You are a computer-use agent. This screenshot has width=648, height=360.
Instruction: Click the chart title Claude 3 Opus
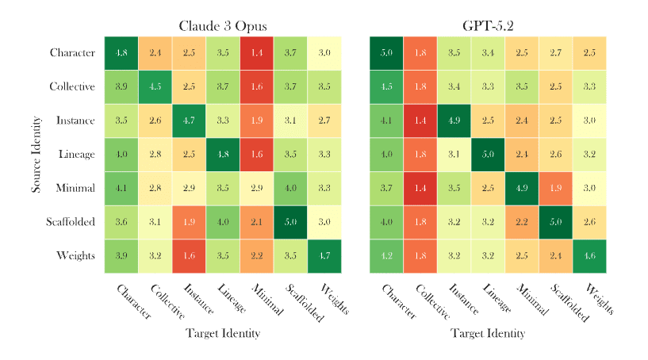pyautogui.click(x=222, y=26)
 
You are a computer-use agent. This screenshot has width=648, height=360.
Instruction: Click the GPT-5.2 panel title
pyautogui.click(x=488, y=26)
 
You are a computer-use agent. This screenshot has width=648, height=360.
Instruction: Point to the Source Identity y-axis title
pyautogui.click(x=36, y=155)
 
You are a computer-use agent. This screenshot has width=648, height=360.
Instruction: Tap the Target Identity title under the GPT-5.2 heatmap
pyautogui.click(x=488, y=334)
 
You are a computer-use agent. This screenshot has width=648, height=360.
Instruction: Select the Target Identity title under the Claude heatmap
pyautogui.click(x=222, y=334)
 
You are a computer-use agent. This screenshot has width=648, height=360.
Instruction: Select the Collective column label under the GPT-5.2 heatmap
pyautogui.click(x=433, y=302)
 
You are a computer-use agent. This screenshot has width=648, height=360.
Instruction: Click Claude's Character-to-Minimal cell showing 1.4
pyautogui.click(x=256, y=53)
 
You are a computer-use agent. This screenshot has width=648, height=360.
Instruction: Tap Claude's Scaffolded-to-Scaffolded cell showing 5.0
pyautogui.click(x=290, y=222)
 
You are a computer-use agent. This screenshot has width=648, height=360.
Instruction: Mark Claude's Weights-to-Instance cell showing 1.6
pyautogui.click(x=189, y=256)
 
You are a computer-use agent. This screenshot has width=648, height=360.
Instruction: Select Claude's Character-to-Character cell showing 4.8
pyautogui.click(x=121, y=53)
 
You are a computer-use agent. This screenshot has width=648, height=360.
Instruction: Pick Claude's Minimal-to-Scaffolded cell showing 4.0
pyautogui.click(x=290, y=189)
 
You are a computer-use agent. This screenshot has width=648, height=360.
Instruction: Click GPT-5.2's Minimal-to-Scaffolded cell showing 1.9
pyautogui.click(x=555, y=189)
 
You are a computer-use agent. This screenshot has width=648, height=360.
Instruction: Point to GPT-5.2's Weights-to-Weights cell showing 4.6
pyautogui.click(x=589, y=256)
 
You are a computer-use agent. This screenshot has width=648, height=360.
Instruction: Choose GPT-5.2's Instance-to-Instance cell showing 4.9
pyautogui.click(x=454, y=121)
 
